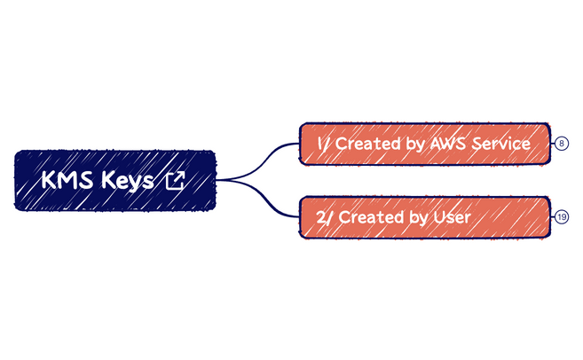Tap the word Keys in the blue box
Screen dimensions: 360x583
[128, 181]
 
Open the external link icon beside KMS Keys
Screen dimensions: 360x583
[176, 181]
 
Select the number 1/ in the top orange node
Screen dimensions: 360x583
[324, 143]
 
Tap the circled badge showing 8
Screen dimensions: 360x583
[562, 143]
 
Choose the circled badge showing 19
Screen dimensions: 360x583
[562, 216]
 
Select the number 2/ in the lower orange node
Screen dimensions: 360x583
[325, 216]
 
